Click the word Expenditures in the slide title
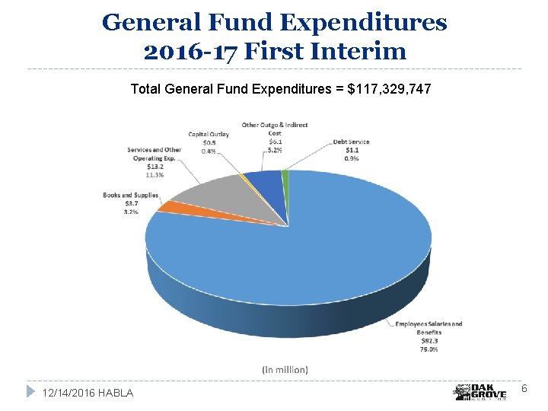[364, 23]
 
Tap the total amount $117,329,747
[389, 90]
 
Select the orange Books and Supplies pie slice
[168, 205]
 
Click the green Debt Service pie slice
[285, 177]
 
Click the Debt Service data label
[352, 150]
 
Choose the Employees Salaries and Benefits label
[428, 328]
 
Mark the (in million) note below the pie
[285, 369]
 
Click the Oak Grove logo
[480, 391]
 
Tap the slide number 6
[524, 389]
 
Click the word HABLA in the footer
[116, 393]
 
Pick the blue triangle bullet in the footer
[30, 391]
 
